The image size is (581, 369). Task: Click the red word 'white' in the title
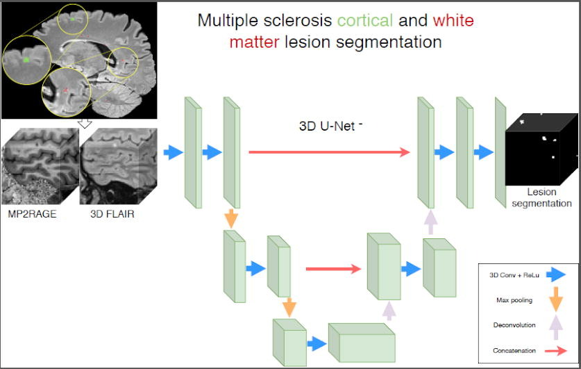(452, 19)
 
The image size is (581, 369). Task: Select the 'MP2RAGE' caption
(32, 213)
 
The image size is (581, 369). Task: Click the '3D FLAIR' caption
(112, 213)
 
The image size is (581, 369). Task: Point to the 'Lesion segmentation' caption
(541, 198)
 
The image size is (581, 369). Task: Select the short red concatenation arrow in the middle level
(334, 268)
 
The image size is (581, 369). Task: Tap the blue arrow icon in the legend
(555, 275)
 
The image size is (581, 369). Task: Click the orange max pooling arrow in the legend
(555, 300)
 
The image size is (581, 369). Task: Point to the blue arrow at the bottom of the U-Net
(316, 343)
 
